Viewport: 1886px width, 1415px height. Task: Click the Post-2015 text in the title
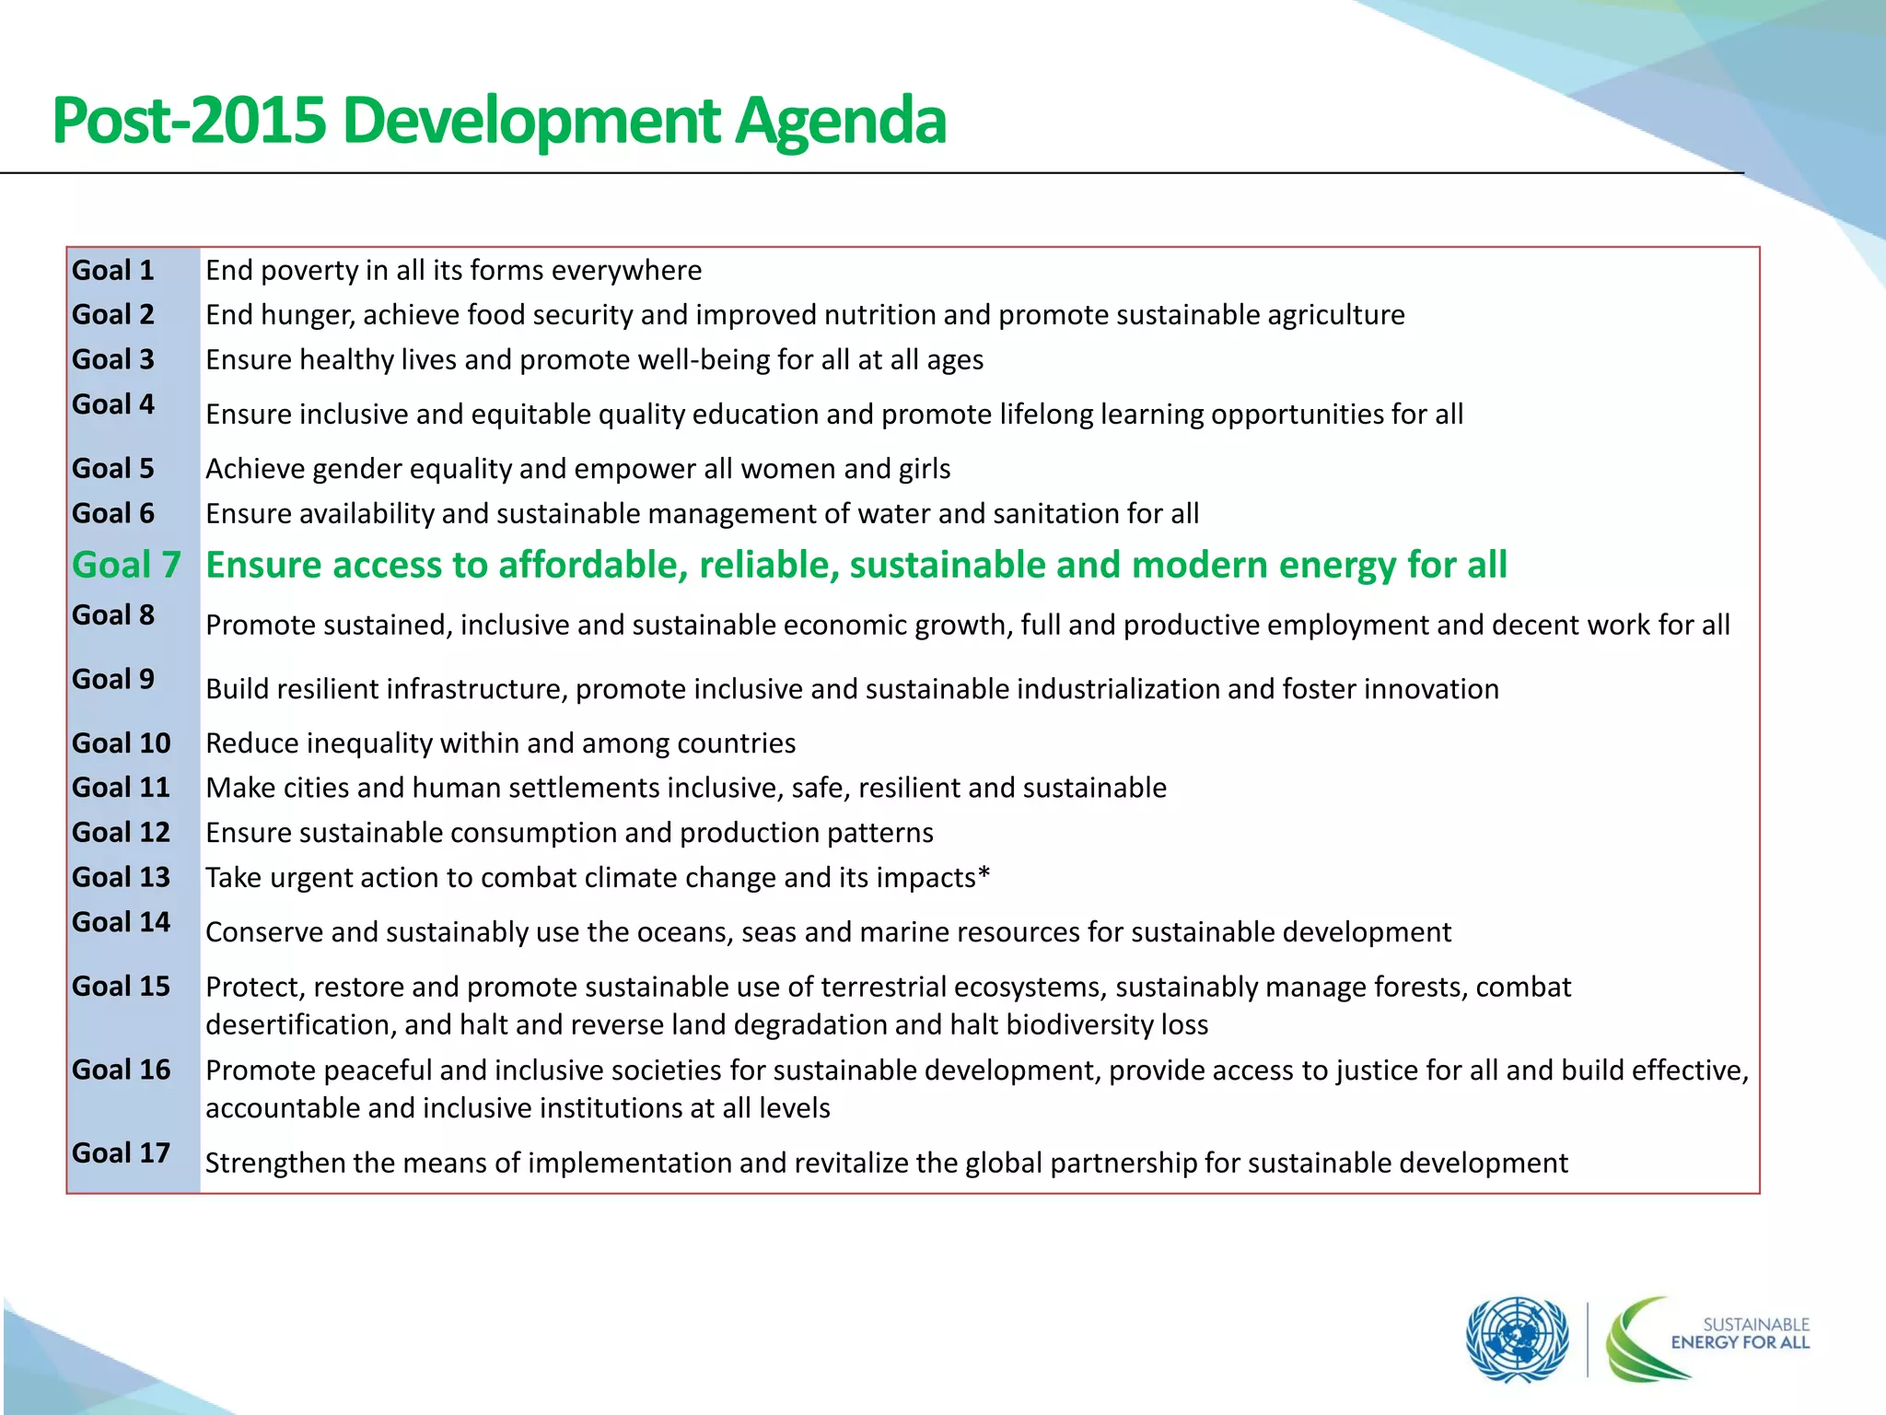189,121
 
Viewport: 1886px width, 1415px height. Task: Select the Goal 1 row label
113,270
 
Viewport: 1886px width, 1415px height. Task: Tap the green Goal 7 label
126,565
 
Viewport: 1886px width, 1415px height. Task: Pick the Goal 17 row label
121,1152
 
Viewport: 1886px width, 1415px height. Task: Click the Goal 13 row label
121,877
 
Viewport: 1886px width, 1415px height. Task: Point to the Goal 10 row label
121,743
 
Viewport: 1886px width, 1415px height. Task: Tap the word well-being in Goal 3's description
700,359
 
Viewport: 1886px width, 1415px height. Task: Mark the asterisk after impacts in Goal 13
984,873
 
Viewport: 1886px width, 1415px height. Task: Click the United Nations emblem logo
1517,1339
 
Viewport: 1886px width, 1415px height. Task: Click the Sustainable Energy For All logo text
1740,1333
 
